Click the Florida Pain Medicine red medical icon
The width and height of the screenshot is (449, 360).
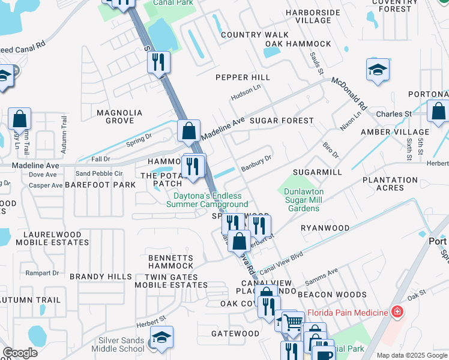point(396,313)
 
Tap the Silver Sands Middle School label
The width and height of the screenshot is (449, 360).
point(122,344)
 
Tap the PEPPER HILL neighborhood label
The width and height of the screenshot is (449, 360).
point(243,77)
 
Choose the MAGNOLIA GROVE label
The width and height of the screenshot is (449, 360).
point(119,116)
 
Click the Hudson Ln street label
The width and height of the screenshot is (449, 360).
point(246,92)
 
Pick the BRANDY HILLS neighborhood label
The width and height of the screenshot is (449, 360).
point(100,277)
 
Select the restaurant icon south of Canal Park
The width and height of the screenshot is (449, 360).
point(158,61)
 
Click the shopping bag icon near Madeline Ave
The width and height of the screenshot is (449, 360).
point(188,130)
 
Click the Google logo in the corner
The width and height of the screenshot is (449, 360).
point(20,353)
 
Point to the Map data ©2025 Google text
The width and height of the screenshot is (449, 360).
point(412,355)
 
